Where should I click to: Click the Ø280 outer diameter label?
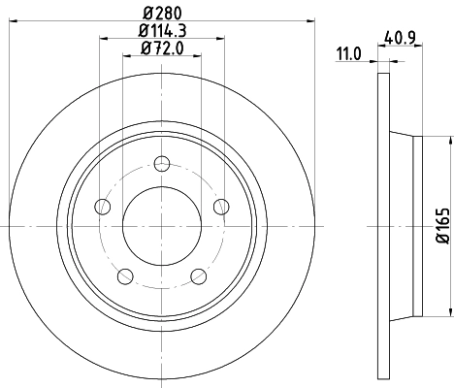pos(161,12)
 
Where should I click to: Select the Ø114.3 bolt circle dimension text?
pos(161,31)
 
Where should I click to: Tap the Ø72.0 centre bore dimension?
pos(161,48)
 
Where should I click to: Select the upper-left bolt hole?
pos(102,205)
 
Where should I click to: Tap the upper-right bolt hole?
pos(220,205)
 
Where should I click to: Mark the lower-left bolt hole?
pos(124,275)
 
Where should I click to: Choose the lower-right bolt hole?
pos(198,275)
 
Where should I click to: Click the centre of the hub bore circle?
pos(161,224)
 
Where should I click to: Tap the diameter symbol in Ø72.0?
pos(146,48)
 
